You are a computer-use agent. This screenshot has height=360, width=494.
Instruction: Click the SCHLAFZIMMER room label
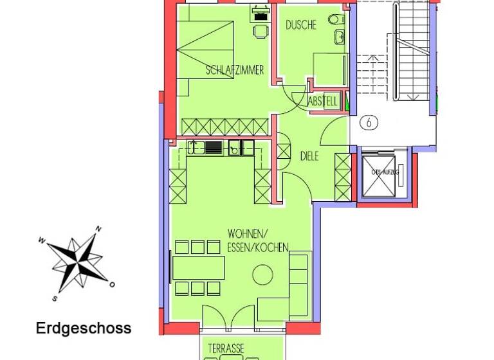tap(235, 71)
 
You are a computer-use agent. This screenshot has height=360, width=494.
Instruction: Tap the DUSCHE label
tap(301, 26)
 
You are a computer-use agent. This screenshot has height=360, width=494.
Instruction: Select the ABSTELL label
tap(323, 102)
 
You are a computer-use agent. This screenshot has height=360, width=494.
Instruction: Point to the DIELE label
tap(309, 156)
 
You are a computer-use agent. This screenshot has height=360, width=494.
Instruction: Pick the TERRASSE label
tap(226, 348)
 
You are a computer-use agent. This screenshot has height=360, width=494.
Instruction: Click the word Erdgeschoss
tap(84, 328)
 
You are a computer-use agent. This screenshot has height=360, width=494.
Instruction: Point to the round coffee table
tap(262, 276)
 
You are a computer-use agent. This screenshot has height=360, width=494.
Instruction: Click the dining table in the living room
tap(199, 267)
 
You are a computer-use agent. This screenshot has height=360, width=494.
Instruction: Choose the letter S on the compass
tap(56, 298)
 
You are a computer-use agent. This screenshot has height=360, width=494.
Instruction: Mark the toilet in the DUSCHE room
tap(335, 20)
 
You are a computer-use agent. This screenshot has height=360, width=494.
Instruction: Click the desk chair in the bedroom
tap(259, 30)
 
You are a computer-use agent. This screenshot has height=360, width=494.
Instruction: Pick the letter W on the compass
tap(42, 241)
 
